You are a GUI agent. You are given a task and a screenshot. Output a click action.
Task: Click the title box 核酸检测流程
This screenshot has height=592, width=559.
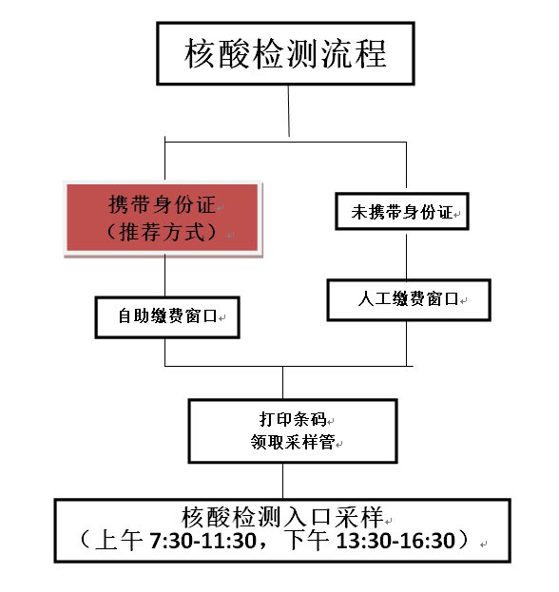point(285,53)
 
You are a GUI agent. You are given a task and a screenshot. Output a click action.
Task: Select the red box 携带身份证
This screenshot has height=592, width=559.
point(164,218)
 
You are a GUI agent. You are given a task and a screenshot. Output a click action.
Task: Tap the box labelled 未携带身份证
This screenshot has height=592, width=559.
point(402,211)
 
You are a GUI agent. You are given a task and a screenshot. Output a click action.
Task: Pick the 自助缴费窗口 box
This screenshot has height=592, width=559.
point(167,317)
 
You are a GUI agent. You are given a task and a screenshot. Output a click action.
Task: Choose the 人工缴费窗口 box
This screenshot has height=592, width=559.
point(409,300)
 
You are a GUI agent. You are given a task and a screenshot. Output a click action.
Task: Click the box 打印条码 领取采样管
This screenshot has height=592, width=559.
point(293,430)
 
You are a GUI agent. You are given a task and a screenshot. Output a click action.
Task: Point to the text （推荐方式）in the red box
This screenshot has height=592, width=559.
point(163,232)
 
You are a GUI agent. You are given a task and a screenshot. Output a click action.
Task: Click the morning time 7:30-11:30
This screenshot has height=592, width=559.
point(202,541)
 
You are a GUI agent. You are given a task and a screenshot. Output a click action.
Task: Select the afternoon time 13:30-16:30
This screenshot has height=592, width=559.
point(395,541)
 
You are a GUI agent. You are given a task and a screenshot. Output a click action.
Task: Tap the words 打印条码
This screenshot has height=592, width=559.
point(293,419)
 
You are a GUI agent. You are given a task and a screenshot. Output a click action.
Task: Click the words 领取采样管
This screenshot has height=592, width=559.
point(293,442)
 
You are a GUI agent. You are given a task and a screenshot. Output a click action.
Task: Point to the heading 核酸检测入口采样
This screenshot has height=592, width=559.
point(282,517)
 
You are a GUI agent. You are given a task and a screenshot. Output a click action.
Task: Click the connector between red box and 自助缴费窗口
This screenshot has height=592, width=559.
point(164,276)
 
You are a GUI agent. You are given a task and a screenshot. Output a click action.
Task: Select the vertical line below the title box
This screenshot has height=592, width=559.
point(289,110)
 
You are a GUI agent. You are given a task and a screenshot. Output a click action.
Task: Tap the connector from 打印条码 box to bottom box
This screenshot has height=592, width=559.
point(283,481)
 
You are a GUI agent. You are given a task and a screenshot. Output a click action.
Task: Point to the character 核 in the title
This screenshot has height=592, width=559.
point(200,53)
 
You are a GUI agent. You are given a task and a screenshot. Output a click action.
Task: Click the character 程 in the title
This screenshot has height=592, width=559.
point(371,53)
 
